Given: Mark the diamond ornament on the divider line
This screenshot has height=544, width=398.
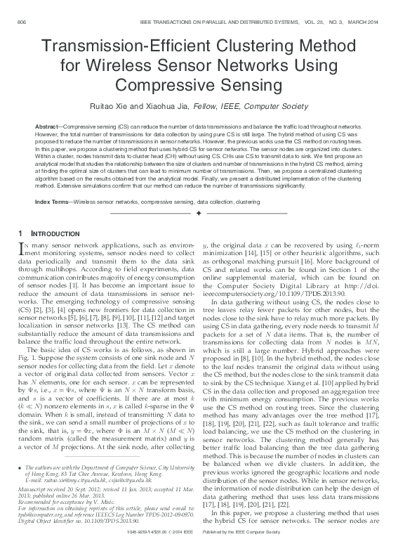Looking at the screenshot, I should click(x=199, y=212).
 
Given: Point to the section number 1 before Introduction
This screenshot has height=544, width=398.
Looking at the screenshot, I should click(x=20, y=233).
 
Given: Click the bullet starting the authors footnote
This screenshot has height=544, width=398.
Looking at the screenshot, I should click(x=19, y=467).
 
